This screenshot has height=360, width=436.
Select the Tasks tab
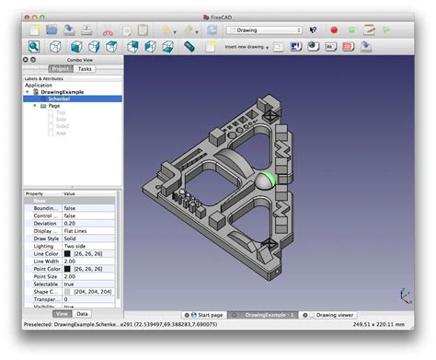click(85, 69)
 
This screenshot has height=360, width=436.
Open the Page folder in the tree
click(54, 106)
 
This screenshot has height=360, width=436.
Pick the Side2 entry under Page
click(63, 125)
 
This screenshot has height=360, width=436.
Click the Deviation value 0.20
click(69, 223)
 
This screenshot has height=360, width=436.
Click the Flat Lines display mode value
click(78, 231)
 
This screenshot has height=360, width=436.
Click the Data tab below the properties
click(83, 314)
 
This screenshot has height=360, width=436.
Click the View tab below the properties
click(63, 314)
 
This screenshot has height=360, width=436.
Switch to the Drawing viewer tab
click(332, 314)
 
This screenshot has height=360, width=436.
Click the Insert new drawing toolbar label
click(245, 46)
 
